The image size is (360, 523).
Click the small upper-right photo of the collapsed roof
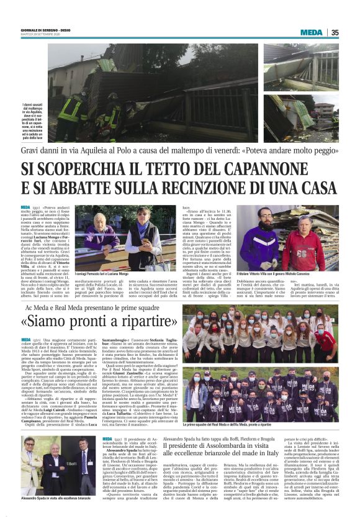coord(301,66)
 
